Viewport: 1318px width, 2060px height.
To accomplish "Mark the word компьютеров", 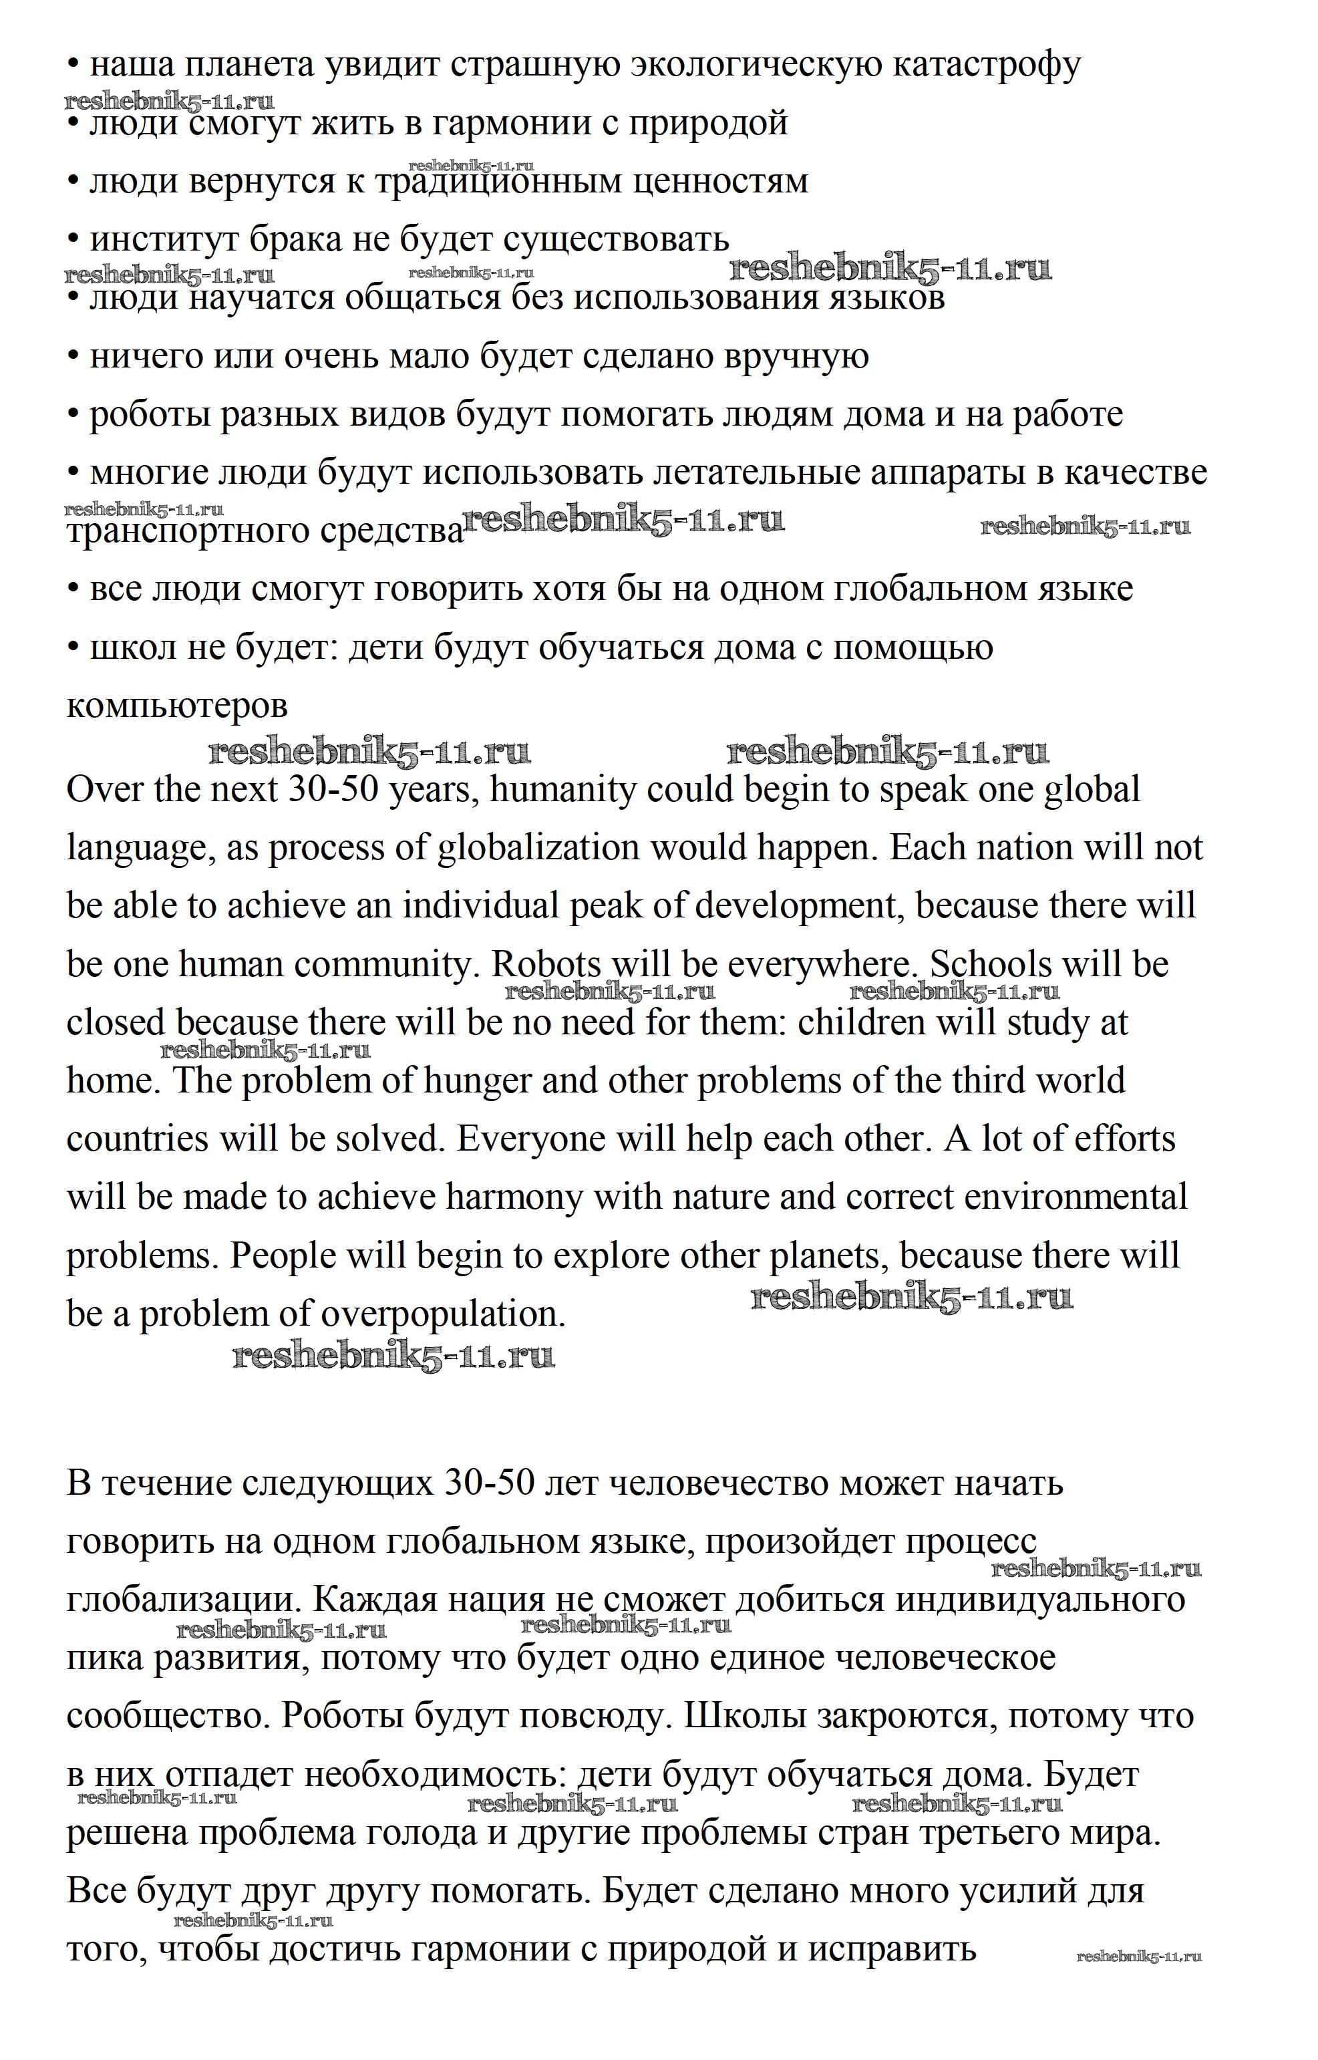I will click(x=177, y=706).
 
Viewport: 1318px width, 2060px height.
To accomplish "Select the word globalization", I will click(x=538, y=848).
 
